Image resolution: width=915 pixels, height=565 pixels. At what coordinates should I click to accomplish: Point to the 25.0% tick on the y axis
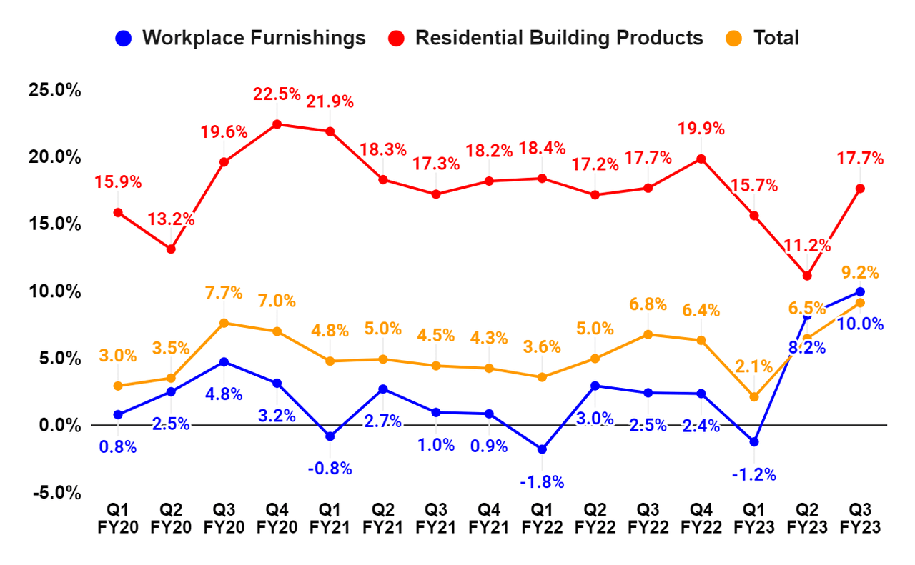pos(54,91)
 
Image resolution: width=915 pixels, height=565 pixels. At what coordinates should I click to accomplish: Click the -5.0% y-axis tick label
pos(54,493)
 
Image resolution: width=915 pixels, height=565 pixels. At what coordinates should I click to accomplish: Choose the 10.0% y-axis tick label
pos(54,291)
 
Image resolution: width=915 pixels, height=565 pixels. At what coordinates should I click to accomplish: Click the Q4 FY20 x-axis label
pos(277,519)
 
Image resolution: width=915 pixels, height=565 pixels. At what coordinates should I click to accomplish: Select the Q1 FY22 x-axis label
pos(542,519)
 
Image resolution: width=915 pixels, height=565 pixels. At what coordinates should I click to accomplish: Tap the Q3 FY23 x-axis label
pos(860,519)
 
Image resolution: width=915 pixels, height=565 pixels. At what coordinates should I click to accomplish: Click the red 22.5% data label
pos(277,94)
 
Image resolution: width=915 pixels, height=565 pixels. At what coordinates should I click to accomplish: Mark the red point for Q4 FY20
pos(277,124)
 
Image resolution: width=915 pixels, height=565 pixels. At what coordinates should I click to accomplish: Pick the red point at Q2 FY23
pos(807,276)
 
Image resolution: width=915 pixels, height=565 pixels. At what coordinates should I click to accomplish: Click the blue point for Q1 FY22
pos(542,449)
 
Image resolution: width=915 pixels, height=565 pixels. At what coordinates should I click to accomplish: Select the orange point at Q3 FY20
pos(224,323)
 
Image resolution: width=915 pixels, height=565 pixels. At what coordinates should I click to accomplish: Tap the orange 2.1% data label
pos(754,367)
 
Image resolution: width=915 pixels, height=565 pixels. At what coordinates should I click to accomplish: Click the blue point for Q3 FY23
pos(860,291)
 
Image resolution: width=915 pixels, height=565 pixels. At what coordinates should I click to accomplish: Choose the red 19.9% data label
pos(701,129)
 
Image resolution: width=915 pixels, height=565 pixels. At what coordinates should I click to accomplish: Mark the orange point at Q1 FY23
pos(754,397)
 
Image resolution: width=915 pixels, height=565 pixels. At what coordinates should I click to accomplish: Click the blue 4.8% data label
pos(224,394)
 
